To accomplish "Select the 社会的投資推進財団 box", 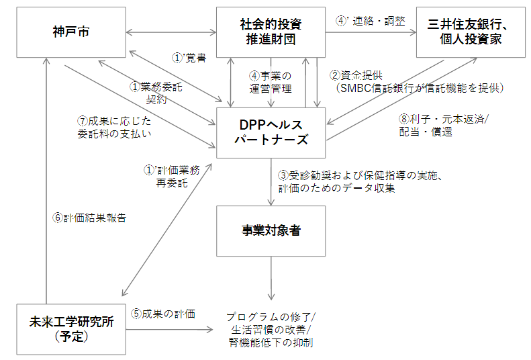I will pos(271,32).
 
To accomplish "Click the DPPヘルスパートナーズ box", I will pos(271,132).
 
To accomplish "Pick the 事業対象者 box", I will pos(271,230).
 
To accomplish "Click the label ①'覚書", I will pos(189,58).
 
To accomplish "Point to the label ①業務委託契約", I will pos(155,93).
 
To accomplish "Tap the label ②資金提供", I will pos(356,75).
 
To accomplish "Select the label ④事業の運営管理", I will pos(271,82).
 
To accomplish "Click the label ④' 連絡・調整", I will pos(370,20).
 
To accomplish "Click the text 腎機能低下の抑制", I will pos(271,343).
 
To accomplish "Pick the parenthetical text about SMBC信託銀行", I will pos(419,87).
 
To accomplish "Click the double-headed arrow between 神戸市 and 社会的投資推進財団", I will pos(171,31).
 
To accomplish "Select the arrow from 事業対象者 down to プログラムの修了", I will pos(271,278).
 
